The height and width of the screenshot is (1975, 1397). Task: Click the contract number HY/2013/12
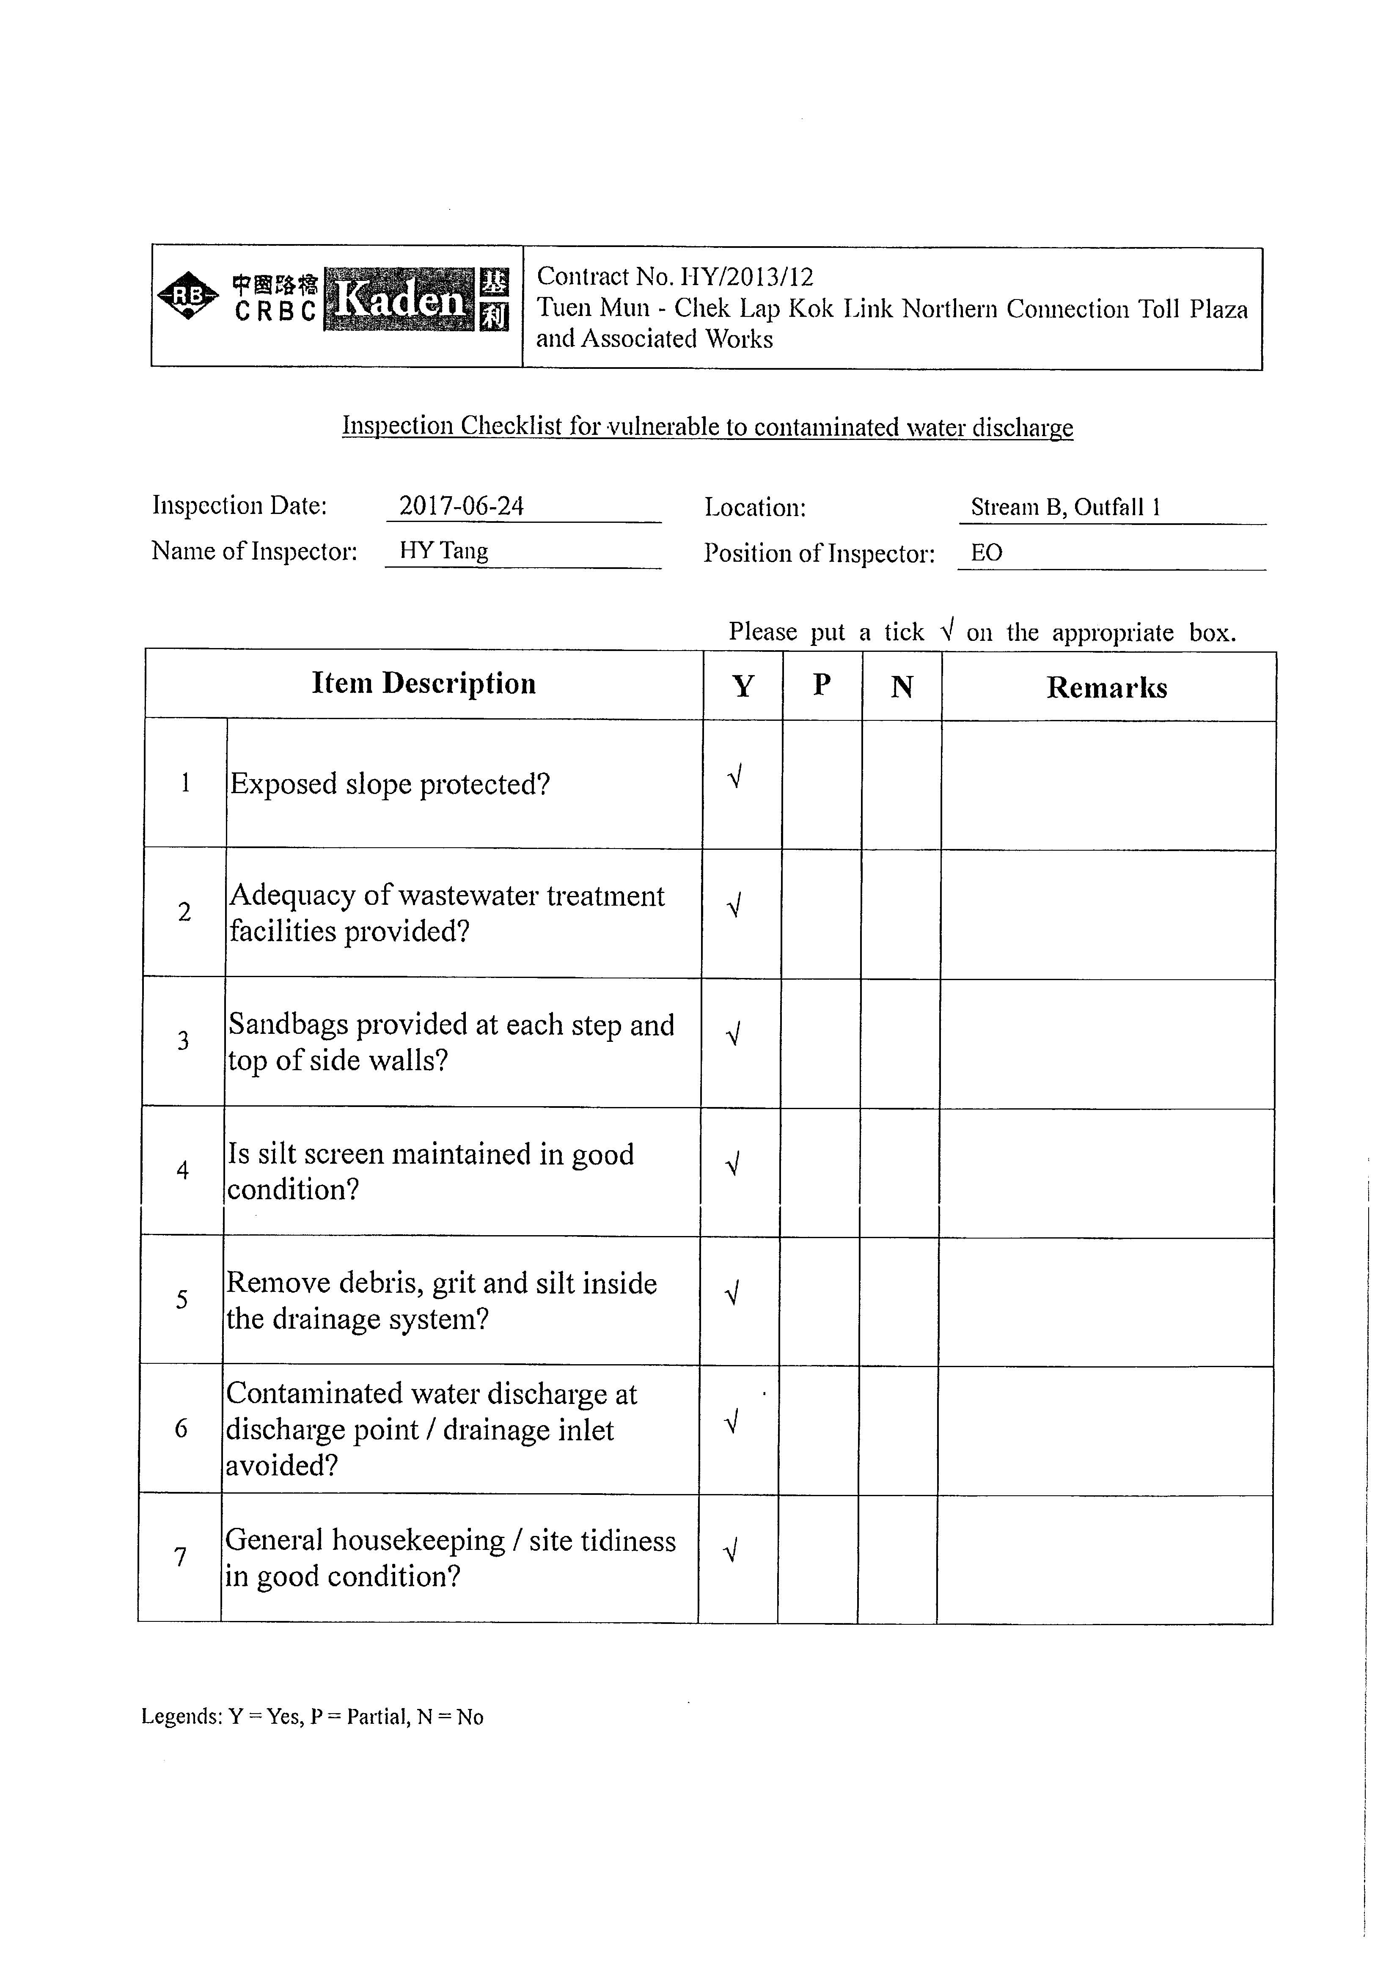click(x=747, y=277)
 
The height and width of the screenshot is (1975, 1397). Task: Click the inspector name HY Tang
click(x=444, y=551)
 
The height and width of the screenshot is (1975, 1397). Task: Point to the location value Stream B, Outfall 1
click(x=1066, y=508)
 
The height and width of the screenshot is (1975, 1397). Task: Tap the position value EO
click(x=987, y=553)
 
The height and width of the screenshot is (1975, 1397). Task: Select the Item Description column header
click(x=423, y=684)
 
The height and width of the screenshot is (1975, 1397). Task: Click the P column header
click(x=822, y=686)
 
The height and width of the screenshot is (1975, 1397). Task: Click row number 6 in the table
click(x=181, y=1429)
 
